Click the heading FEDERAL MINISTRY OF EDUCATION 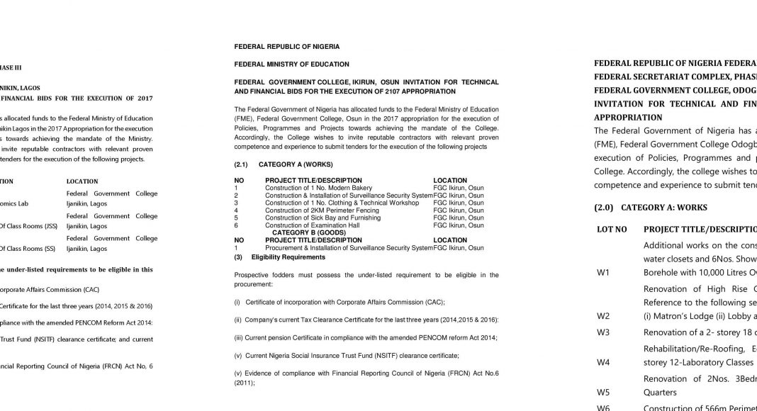pyautogui.click(x=291, y=64)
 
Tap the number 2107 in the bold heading pyautogui.click(x=391, y=91)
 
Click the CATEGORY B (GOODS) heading pyautogui.click(x=308, y=232)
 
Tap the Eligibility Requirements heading pyautogui.click(x=288, y=257)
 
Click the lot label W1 pyautogui.click(x=603, y=274)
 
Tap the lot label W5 pyautogui.click(x=603, y=391)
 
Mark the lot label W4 pyautogui.click(x=603, y=361)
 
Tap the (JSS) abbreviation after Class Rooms pyautogui.click(x=50, y=226)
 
